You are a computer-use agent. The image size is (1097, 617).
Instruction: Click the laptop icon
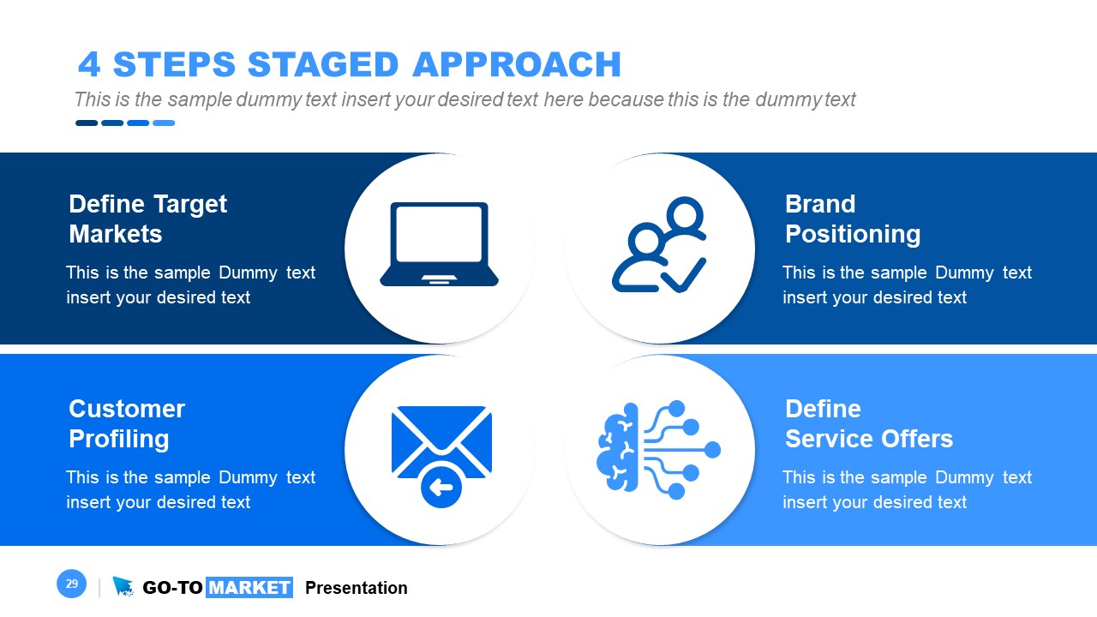pos(439,244)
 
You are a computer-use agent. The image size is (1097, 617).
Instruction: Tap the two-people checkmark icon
pos(659,247)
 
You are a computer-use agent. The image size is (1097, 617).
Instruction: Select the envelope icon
pos(441,446)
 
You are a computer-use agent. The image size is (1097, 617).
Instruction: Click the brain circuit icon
pos(658,449)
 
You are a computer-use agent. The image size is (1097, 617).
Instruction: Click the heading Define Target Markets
pos(147,219)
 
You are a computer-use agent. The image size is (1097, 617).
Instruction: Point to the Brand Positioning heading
pos(852,219)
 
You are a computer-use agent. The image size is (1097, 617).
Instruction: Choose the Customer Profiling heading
pos(126,423)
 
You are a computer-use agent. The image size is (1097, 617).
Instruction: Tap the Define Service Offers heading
pos(868,423)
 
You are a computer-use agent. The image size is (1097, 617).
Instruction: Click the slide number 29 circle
pos(71,584)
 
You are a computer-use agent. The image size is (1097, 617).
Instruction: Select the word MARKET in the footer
pos(249,588)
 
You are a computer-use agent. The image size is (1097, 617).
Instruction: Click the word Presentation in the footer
pos(356,588)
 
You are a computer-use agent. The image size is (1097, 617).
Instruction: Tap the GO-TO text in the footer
pos(172,588)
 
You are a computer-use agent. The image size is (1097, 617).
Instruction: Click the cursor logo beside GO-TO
pos(123,586)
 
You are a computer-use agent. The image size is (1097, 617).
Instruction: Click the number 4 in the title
pos(88,65)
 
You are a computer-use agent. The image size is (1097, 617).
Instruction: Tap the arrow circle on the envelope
pos(441,488)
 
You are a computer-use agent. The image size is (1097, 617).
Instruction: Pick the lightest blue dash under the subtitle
pos(164,123)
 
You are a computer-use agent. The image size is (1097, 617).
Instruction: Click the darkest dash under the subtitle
pos(87,123)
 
